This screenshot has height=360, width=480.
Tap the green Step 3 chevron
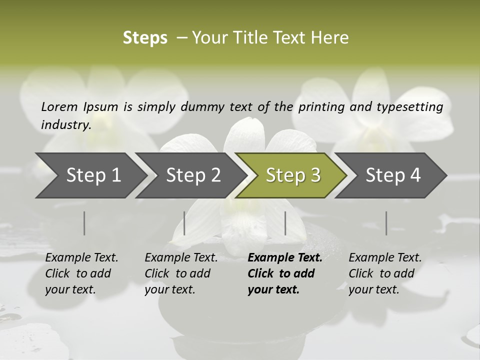coord(293,175)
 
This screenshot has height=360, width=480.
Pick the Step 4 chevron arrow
coord(393,175)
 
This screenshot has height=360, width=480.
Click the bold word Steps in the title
coord(145,37)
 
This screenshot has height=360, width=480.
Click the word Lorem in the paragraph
coord(59,106)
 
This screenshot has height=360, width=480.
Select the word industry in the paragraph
coord(65,124)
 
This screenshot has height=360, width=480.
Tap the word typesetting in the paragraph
coord(407,106)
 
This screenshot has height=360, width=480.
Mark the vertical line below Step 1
coord(84,223)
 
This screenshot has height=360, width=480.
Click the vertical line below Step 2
coord(184,223)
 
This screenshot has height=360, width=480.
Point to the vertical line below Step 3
coord(285,223)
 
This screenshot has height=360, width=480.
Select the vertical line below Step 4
coord(386,223)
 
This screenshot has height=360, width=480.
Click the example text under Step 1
coord(81,273)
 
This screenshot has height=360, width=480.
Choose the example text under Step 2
coord(181,273)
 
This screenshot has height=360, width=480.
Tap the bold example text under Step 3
coord(284,273)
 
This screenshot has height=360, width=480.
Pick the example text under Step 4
coord(385,273)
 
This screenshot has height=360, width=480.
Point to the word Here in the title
coord(330,37)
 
